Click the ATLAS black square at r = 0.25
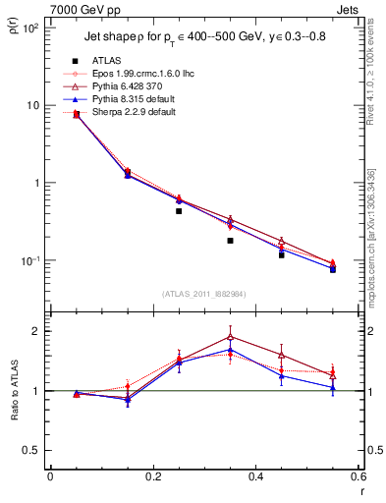[x=179, y=211]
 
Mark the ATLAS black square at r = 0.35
[x=230, y=241]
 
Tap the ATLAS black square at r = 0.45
[x=282, y=254]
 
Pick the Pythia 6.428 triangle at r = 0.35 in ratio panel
[x=230, y=336]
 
